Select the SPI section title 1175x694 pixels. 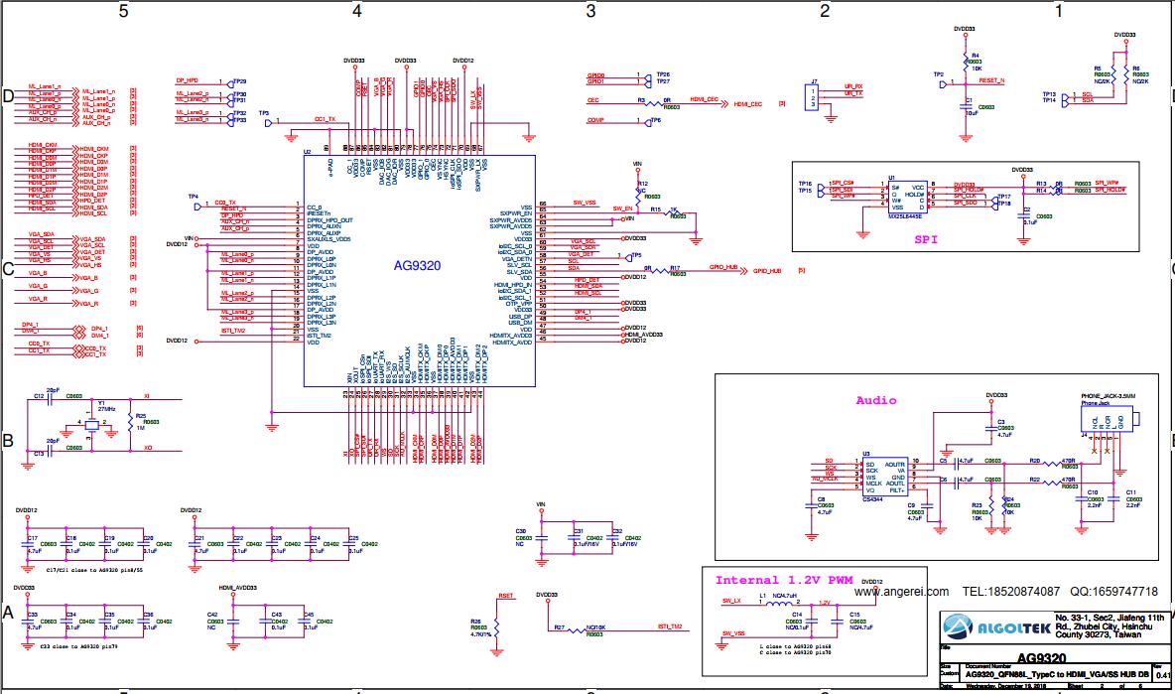[926, 239]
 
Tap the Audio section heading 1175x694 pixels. [876, 400]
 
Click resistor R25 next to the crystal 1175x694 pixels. [130, 425]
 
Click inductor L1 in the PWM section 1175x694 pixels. [780, 602]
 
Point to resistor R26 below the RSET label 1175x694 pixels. [497, 626]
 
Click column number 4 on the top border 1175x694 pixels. [356, 11]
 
